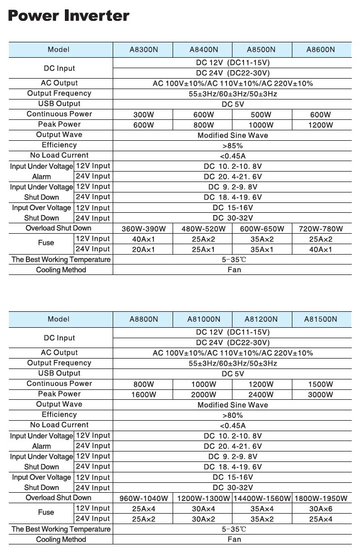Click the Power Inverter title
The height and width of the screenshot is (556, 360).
[69, 16]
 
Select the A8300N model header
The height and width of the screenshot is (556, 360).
[143, 49]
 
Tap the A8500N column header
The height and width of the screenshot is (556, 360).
[261, 49]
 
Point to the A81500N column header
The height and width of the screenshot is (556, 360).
[322, 319]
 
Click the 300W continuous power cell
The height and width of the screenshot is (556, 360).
[143, 114]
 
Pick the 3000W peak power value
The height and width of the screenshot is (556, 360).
[320, 394]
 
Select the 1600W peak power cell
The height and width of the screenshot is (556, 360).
[143, 394]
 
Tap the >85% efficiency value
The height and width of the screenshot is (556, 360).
[232, 146]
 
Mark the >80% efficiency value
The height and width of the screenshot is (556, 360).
[232, 415]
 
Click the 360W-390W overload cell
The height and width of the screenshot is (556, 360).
[143, 229]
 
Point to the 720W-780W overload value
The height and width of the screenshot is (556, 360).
[320, 229]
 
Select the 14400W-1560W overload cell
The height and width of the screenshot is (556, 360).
[262, 498]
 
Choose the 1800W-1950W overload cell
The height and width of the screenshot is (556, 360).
[322, 498]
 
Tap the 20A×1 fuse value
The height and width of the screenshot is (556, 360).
[143, 250]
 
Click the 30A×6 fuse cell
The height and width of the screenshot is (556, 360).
[320, 509]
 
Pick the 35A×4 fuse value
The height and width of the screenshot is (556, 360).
[262, 509]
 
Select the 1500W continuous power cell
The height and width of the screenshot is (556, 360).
[320, 384]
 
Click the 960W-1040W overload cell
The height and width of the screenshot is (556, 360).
[143, 498]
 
